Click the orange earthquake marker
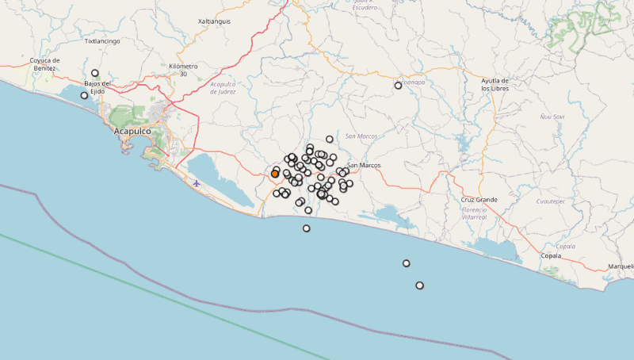coord(275,173)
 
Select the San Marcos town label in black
coord(364,165)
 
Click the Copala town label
coord(550,256)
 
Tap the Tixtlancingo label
coord(102,40)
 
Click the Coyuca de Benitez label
coord(44,63)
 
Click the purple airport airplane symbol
coord(197,184)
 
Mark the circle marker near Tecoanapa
coord(399,86)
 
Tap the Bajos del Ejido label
coord(98,87)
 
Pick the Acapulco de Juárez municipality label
coord(223,87)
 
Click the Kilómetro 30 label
coord(183,70)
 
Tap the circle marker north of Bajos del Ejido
coord(95,73)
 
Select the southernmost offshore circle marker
coord(419,285)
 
